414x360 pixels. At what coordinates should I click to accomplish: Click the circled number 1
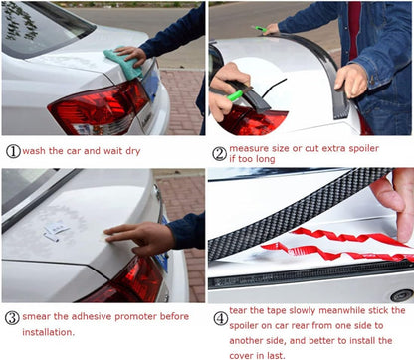[13, 152]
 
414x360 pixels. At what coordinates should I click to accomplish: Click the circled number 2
[219, 154]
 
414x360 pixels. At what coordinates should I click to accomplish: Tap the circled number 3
[12, 318]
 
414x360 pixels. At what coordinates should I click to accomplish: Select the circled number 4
[220, 319]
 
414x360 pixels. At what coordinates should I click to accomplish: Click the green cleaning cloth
[123, 63]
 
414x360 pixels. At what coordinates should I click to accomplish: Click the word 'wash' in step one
[34, 151]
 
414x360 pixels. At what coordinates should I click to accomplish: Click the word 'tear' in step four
[238, 310]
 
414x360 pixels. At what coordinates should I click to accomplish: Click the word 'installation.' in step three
[49, 332]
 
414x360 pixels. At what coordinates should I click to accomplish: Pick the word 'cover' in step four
[240, 356]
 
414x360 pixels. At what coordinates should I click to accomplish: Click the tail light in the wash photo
[99, 106]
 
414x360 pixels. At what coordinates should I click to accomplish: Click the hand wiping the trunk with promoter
[139, 237]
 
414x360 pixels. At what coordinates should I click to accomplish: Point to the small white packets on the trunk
[55, 231]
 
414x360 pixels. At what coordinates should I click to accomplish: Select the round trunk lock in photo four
[402, 295]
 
